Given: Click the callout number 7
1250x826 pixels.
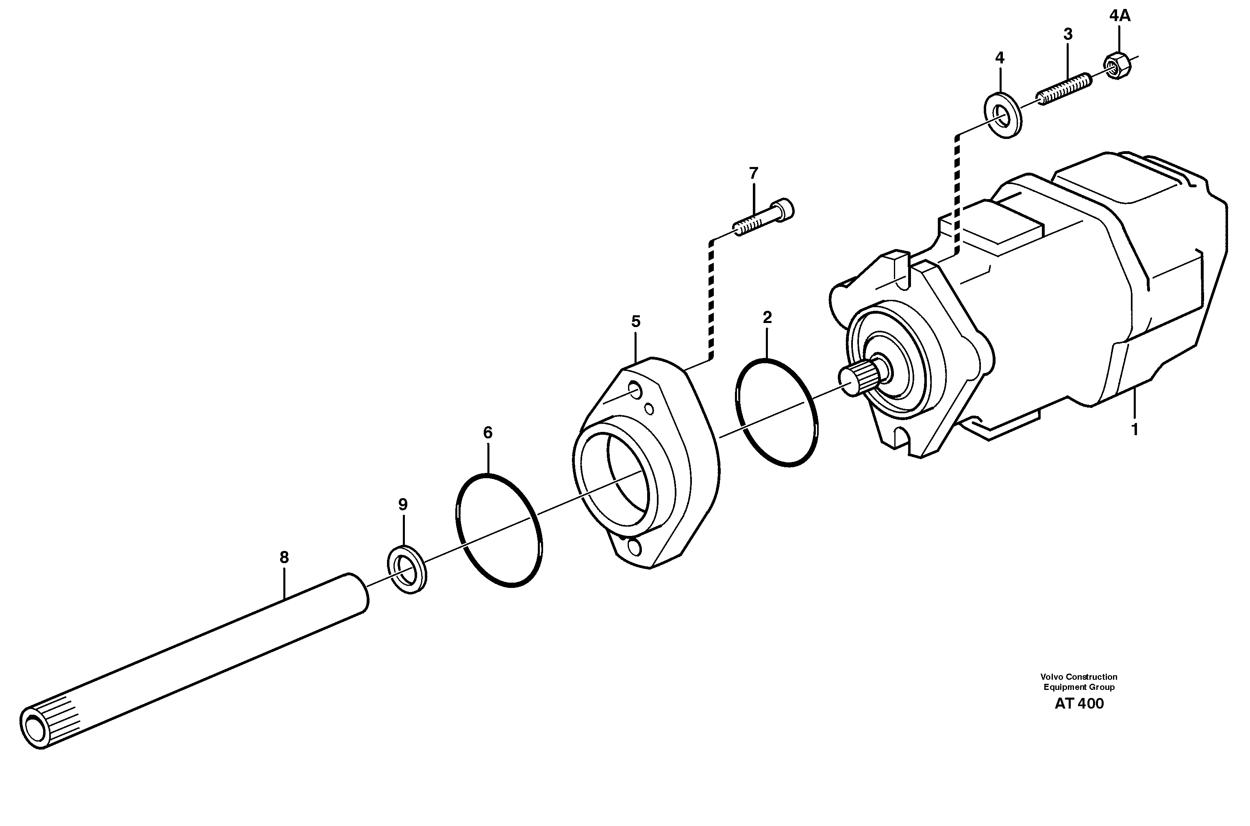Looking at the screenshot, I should tap(753, 173).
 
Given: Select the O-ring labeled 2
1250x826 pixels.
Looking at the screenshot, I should tap(777, 412).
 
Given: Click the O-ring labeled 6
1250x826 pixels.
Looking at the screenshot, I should tap(498, 529).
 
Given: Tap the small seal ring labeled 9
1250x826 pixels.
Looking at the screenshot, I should tap(407, 570).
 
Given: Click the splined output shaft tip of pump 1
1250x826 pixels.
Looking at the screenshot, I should tap(859, 379).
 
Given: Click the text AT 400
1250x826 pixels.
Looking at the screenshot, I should tap(1079, 704).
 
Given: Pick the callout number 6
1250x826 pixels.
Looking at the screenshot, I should tap(487, 432).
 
